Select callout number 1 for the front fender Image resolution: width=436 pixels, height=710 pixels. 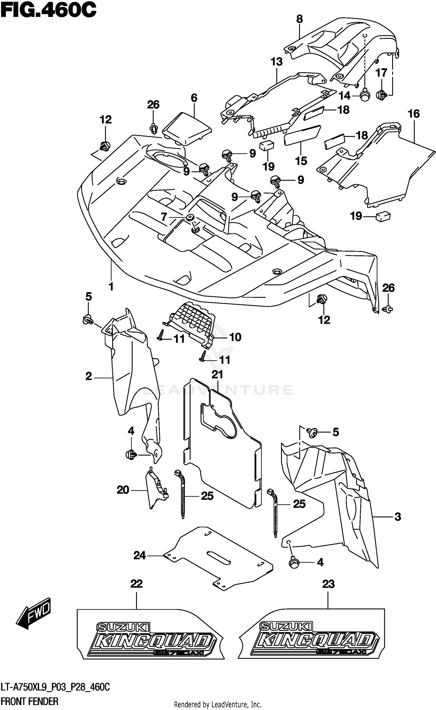click(x=111, y=286)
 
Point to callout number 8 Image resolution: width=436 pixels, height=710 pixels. click(x=299, y=19)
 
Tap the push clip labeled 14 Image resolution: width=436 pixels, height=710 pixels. click(x=364, y=96)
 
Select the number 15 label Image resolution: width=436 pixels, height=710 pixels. click(x=301, y=161)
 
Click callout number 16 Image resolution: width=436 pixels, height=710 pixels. click(x=414, y=114)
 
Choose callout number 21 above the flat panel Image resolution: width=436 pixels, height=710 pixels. click(x=217, y=374)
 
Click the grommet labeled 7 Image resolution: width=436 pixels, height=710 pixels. click(x=191, y=217)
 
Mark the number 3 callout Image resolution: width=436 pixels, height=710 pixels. click(x=398, y=517)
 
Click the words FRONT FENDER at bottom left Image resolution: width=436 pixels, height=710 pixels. click(x=29, y=701)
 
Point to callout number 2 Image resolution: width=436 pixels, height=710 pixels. click(x=89, y=376)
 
